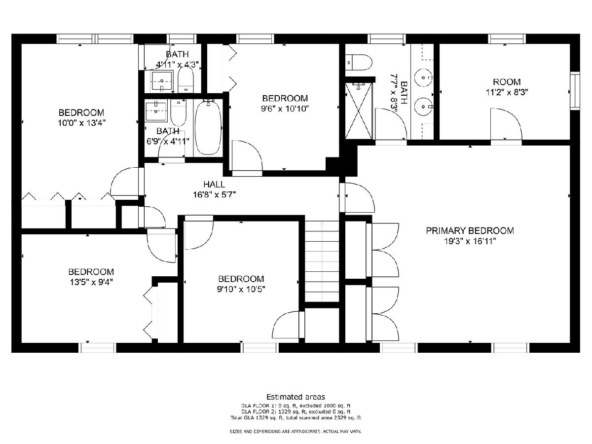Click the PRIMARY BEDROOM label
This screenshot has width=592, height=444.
(470, 231)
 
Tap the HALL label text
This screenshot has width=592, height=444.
(214, 185)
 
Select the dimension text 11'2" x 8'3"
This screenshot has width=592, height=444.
(507, 92)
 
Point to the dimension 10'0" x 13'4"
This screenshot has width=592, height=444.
(81, 123)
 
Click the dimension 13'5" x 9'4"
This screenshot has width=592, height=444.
(91, 282)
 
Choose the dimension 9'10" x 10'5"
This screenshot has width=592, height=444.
(241, 289)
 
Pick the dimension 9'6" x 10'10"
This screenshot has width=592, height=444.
(285, 109)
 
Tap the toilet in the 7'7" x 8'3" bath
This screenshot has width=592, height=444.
(359, 62)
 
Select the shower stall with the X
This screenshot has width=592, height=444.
(359, 111)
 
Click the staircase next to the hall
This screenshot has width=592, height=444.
(322, 261)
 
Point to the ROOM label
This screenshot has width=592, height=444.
(507, 82)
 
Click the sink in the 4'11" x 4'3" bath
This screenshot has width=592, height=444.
(162, 80)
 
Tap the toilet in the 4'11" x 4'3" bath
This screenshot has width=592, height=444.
(186, 79)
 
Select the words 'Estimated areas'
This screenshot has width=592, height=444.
(296, 397)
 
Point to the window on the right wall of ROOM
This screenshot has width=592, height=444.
(575, 91)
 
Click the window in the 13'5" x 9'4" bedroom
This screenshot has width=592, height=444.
(98, 347)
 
